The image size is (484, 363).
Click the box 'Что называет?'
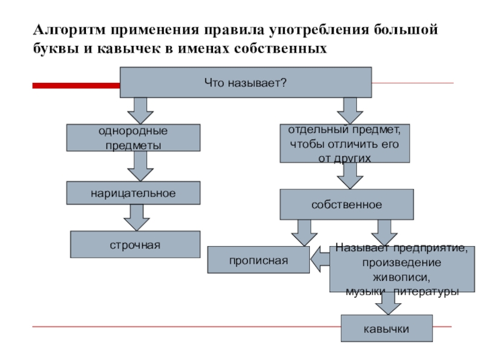pyautogui.click(x=245, y=82)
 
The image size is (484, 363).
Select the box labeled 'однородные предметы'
pyautogui.click(x=132, y=138)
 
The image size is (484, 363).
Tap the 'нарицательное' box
pyautogui.click(x=133, y=193)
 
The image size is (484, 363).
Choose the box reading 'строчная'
pyautogui.click(x=135, y=244)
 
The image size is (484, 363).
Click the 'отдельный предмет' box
pyautogui.click(x=344, y=143)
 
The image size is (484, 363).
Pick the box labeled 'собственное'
pyautogui.click(x=347, y=204)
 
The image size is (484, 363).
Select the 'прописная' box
pyautogui.click(x=258, y=260)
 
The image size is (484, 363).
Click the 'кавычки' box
pyautogui.click(x=387, y=329)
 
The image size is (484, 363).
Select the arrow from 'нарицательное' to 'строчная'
pyautogui.click(x=136, y=217)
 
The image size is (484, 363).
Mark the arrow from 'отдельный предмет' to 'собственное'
pyautogui.click(x=349, y=175)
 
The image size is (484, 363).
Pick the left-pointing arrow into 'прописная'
pyautogui.click(x=320, y=260)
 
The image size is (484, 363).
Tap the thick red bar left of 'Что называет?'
pyautogui.click(x=76, y=86)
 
